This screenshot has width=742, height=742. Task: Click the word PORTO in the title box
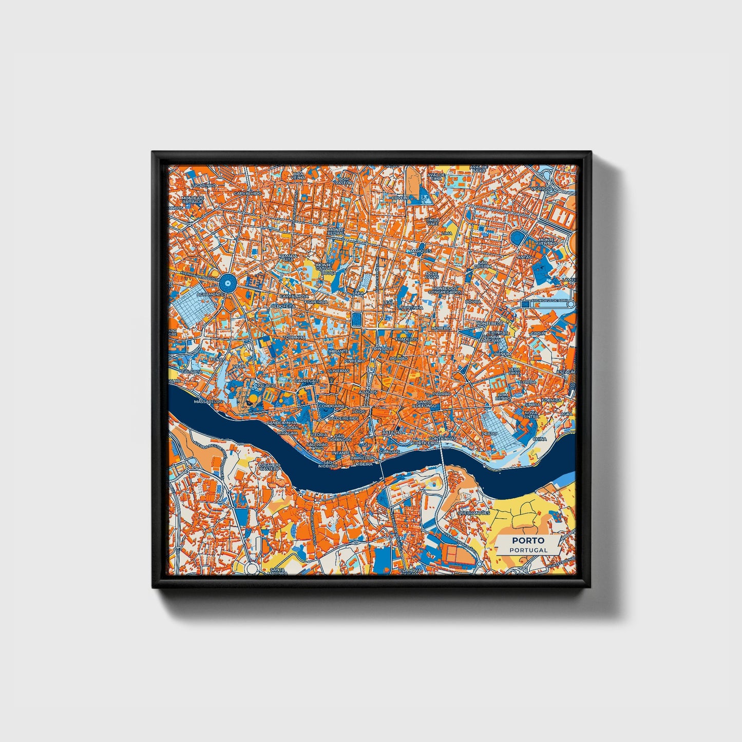pos(528,540)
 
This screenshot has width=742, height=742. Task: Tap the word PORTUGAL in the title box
pos(528,549)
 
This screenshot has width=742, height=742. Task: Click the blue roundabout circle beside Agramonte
pos(227,282)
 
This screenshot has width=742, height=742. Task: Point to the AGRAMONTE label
pos(210,295)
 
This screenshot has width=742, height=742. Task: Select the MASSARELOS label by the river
pos(208,402)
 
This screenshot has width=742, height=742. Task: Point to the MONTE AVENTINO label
pos(545,241)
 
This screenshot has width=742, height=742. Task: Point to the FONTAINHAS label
pos(442,439)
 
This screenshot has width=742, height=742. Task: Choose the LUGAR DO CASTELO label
pos(270,466)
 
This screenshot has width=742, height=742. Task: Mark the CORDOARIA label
pos(332,406)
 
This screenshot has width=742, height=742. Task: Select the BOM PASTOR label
pos(344,181)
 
